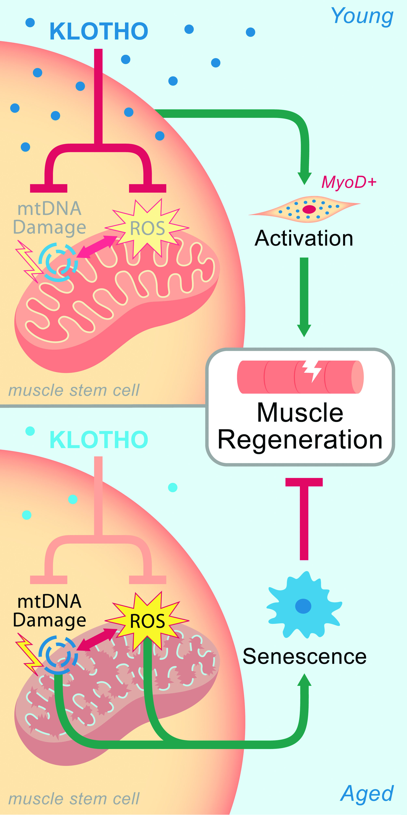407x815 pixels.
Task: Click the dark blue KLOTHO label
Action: coord(99,31)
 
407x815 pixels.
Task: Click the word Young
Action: coord(362,16)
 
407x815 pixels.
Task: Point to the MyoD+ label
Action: coord(349,182)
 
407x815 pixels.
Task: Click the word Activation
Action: coord(304,238)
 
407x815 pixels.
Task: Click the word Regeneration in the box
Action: coord(300,440)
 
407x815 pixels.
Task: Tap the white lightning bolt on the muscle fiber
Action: coord(312,371)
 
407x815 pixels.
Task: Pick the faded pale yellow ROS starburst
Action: coord(147,228)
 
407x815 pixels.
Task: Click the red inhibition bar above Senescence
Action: coord(304,519)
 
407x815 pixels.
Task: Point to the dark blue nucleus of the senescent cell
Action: coord(303,606)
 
